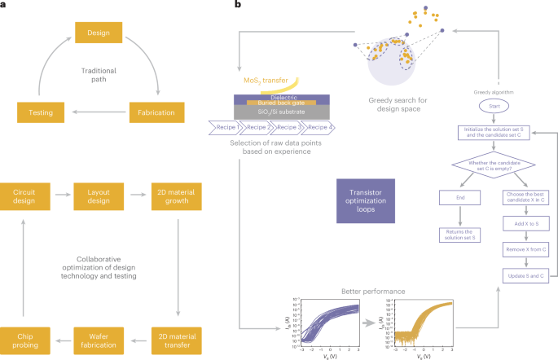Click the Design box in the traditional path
[98, 34]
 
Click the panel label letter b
[237, 6]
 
